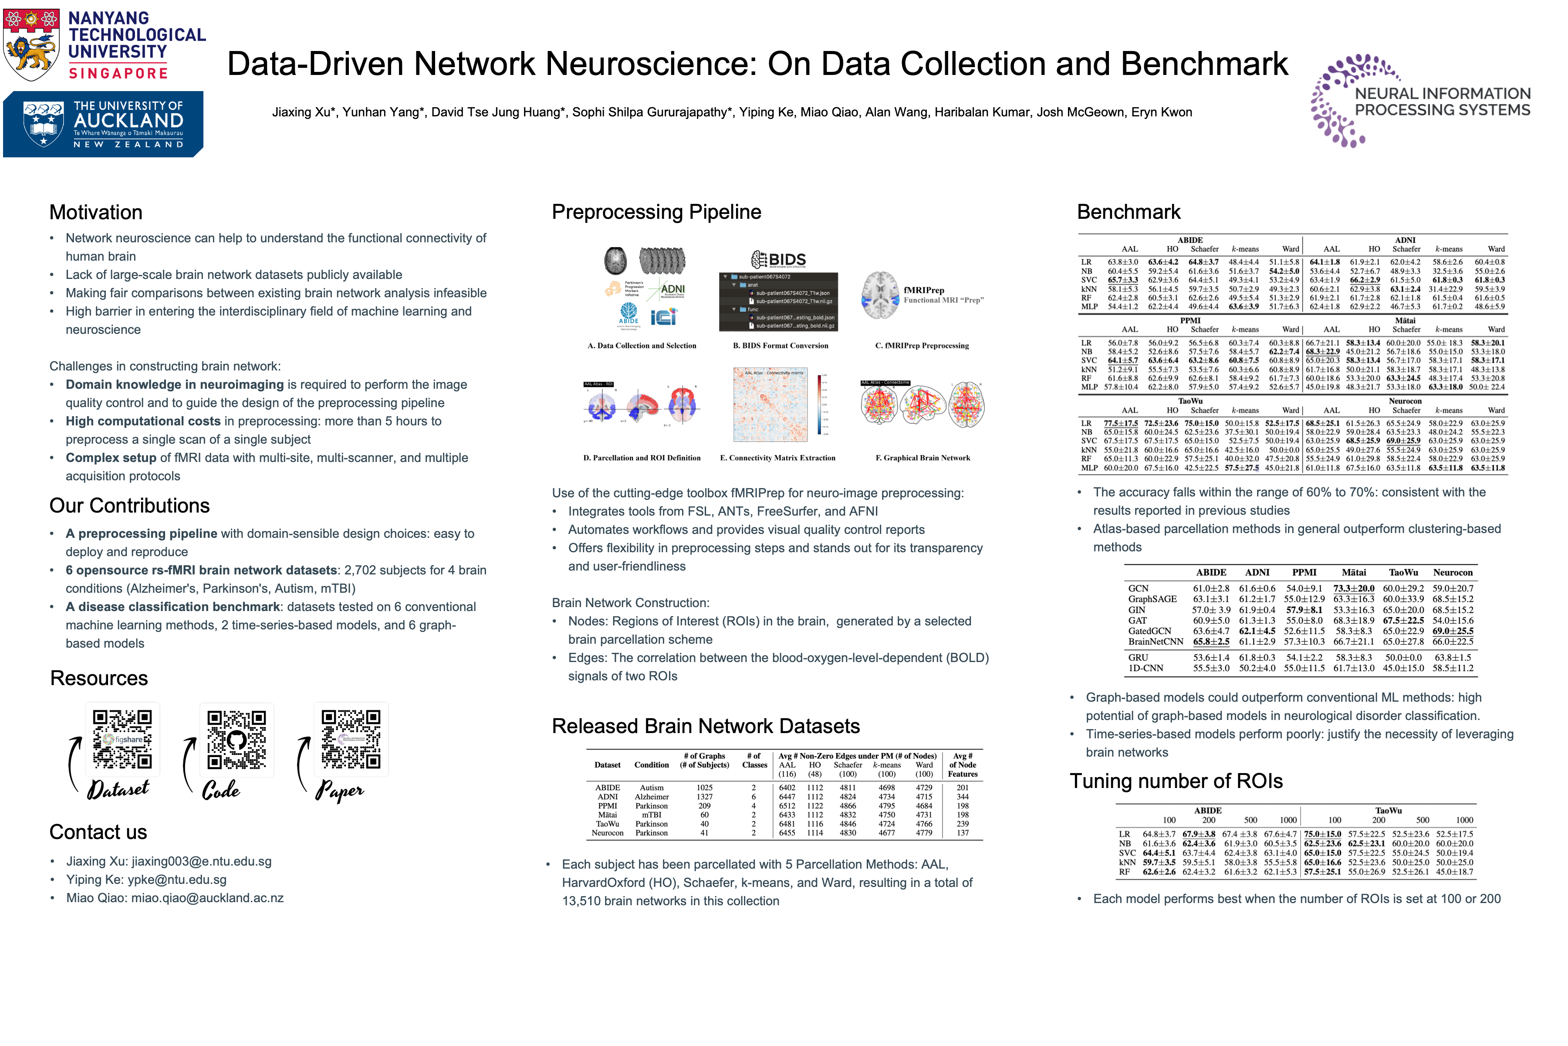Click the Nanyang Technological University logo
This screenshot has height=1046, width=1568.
point(104,44)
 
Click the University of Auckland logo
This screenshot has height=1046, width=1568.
point(103,124)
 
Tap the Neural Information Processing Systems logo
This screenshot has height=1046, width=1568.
point(1420,101)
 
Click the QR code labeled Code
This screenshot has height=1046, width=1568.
point(237,739)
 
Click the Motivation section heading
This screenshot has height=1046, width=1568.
point(96,212)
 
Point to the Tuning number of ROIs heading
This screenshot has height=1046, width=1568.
point(1176,781)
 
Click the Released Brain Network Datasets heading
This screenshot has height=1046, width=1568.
point(705,726)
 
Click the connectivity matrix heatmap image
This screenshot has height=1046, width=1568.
point(770,405)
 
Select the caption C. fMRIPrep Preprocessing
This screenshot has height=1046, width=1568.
point(922,346)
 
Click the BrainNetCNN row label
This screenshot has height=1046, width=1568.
point(1156,642)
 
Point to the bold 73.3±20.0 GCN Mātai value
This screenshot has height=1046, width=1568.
point(1353,588)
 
